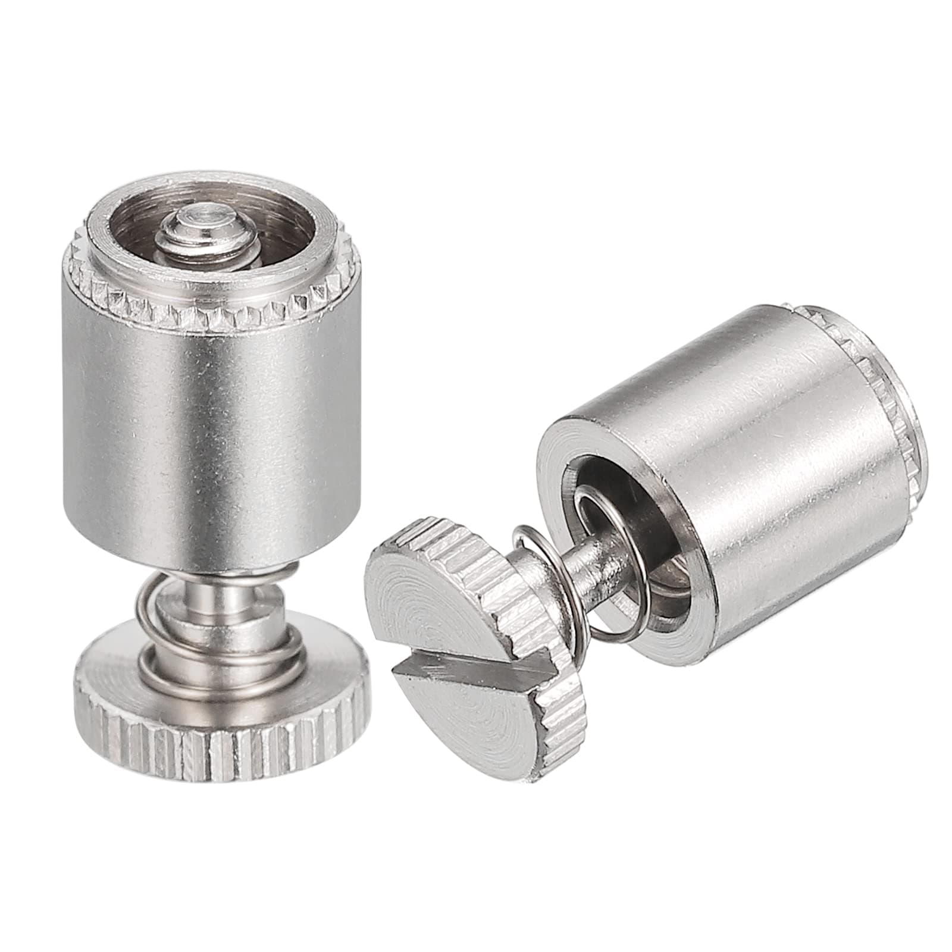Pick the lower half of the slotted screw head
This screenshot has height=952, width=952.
(x=476, y=714)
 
